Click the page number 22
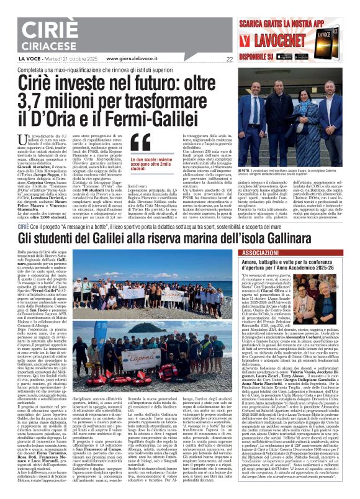tap(229, 60)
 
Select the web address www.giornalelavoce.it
tap(134, 59)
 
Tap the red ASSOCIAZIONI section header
tap(259, 254)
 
